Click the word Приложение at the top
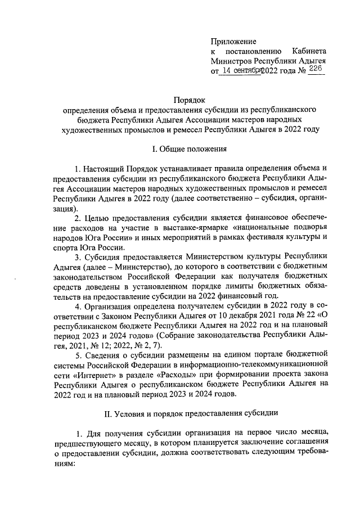point(233,42)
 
